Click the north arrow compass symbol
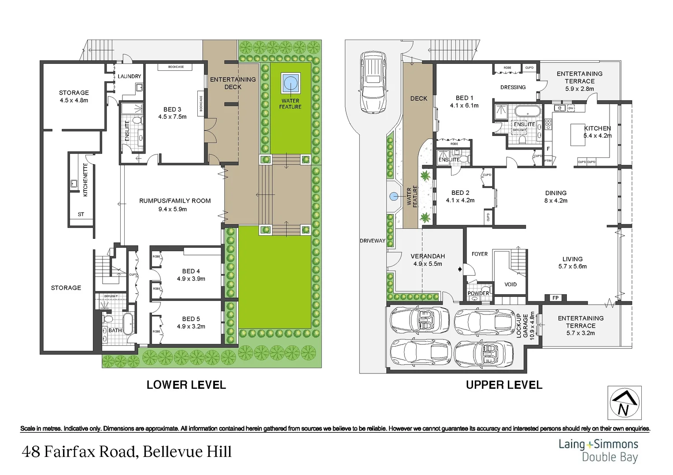[x=624, y=403]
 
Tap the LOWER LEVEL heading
[x=186, y=385]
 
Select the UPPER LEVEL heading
[x=504, y=385]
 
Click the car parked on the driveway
[x=373, y=82]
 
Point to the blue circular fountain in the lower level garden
[x=290, y=83]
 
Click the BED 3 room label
[x=172, y=110]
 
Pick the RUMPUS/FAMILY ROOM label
[x=175, y=201]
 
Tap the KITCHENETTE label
[x=85, y=180]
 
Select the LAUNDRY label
[x=129, y=77]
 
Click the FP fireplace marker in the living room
[x=555, y=298]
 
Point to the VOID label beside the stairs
[x=510, y=284]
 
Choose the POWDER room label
[x=478, y=293]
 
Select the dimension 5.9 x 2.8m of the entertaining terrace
[x=580, y=89]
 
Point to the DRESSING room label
[x=513, y=87]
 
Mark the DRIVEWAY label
[x=372, y=241]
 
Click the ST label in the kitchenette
[x=81, y=214]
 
